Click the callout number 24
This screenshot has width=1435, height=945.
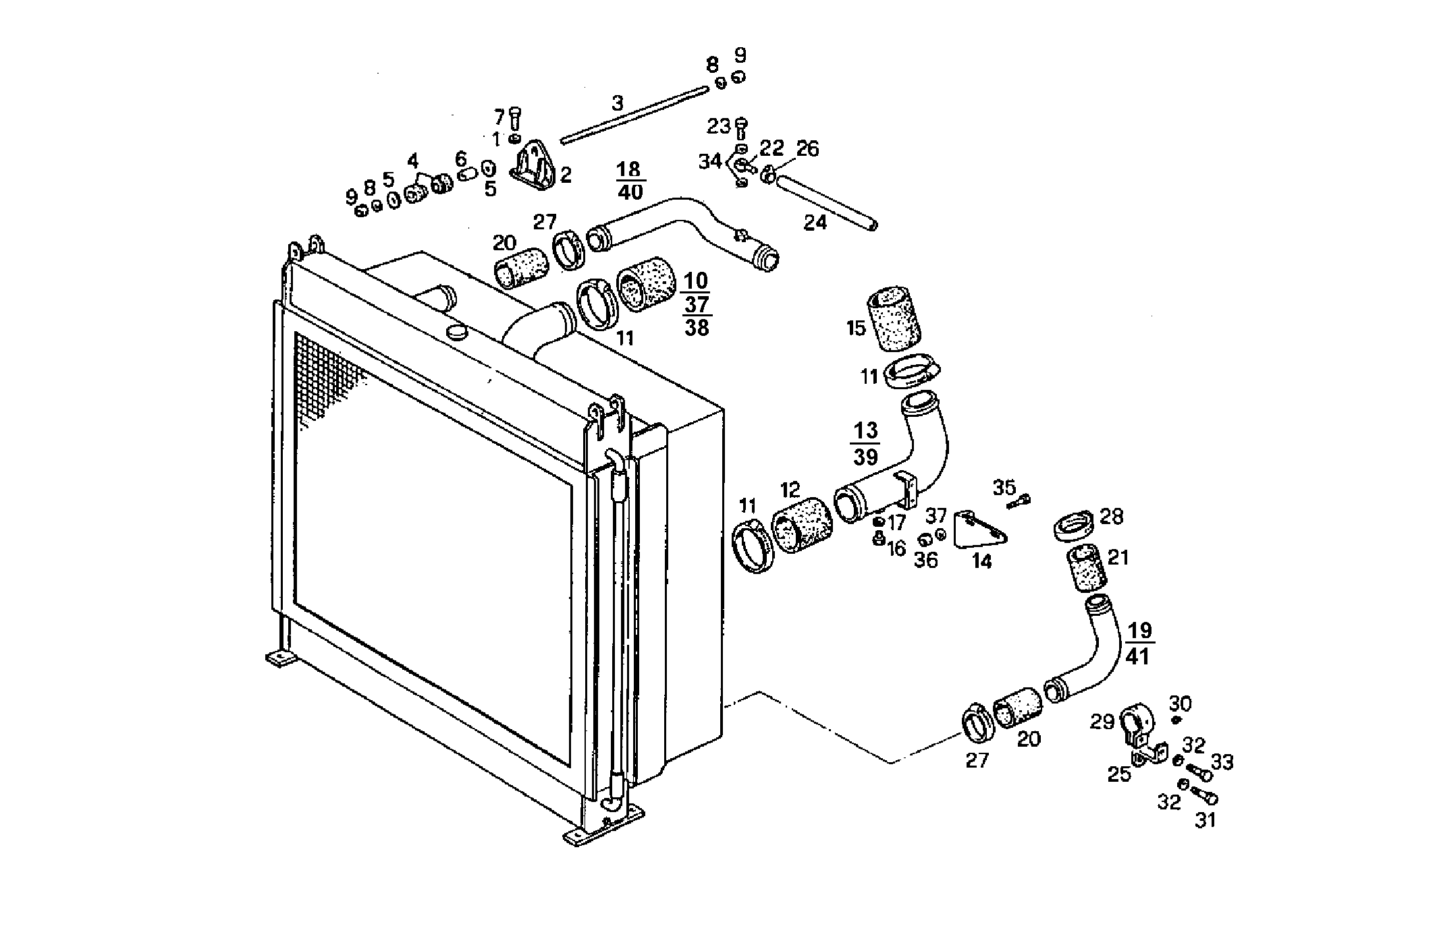point(815,222)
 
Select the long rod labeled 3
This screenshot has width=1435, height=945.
point(634,115)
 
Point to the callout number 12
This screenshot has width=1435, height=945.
point(790,489)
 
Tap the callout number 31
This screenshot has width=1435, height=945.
point(1206,821)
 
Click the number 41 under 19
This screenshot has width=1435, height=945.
point(1138,656)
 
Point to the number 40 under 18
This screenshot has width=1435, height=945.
point(630,192)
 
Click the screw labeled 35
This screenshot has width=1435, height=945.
point(1019,502)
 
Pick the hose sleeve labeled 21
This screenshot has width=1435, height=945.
point(1085,568)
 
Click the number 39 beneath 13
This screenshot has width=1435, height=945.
point(866,456)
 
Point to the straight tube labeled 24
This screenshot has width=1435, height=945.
point(826,202)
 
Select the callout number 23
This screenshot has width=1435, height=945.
point(719,126)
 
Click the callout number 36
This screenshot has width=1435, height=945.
point(926,560)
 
